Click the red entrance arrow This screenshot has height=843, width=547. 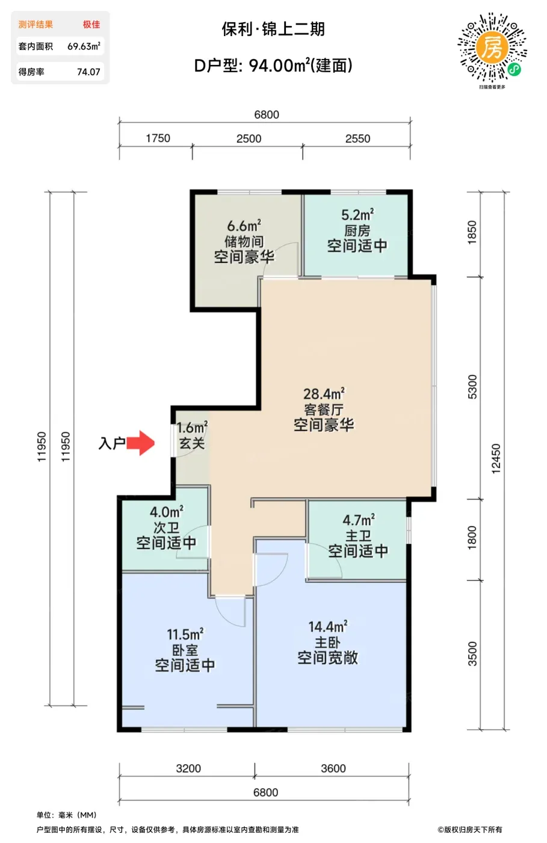pyautogui.click(x=140, y=443)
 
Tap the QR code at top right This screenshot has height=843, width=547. pyautogui.click(x=492, y=48)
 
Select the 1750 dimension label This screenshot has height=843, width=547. pyautogui.click(x=158, y=138)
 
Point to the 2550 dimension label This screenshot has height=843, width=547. pyautogui.click(x=358, y=138)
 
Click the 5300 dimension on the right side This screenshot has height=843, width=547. pyautogui.click(x=472, y=387)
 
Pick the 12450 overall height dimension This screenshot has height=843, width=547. pyautogui.click(x=496, y=458)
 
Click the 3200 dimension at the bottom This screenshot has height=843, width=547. pyautogui.click(x=188, y=768)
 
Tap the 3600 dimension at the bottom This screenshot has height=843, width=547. pyautogui.click(x=333, y=768)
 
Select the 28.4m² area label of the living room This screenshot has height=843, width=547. pyautogui.click(x=324, y=394)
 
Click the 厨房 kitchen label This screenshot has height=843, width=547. pyautogui.click(x=357, y=230)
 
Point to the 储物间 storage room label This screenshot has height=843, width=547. pyautogui.click(x=244, y=241)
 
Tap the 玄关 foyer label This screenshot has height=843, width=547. pyautogui.click(x=192, y=443)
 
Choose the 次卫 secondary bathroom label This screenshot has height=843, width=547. pyautogui.click(x=166, y=527)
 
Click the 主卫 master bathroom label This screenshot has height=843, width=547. pyautogui.click(x=358, y=535)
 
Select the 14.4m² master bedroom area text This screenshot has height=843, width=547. pyautogui.click(x=328, y=627)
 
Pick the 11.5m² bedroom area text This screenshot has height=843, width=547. pyautogui.click(x=185, y=634)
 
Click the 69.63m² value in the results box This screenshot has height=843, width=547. pyautogui.click(x=84, y=46)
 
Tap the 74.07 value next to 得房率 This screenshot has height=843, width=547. pyautogui.click(x=89, y=72)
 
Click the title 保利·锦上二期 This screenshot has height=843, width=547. pyautogui.click(x=273, y=29)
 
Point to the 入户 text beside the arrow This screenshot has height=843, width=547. pyautogui.click(x=112, y=443)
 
